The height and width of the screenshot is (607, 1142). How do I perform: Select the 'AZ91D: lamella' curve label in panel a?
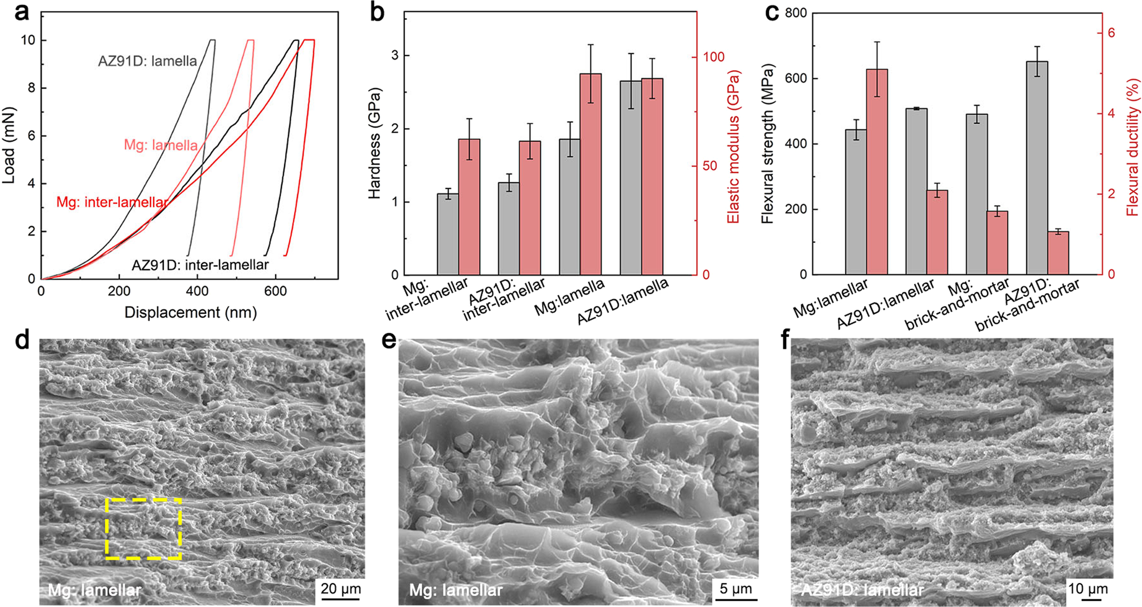point(148,61)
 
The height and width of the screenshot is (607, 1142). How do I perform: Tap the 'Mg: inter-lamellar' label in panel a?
point(112,202)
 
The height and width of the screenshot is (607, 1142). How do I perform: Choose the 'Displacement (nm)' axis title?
point(191,312)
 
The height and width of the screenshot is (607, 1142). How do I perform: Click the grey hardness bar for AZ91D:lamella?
point(631,178)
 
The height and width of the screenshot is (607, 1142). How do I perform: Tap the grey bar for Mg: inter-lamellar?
point(448,234)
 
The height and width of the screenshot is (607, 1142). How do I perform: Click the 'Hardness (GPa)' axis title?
point(374,143)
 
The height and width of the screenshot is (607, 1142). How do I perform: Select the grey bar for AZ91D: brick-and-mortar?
point(1037,167)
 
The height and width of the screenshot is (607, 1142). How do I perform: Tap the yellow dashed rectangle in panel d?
point(144,528)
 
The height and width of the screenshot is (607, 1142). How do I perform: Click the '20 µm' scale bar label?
point(340,589)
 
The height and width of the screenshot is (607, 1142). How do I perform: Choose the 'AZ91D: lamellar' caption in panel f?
point(862,590)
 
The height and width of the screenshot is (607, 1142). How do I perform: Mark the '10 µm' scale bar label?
point(1087,589)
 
